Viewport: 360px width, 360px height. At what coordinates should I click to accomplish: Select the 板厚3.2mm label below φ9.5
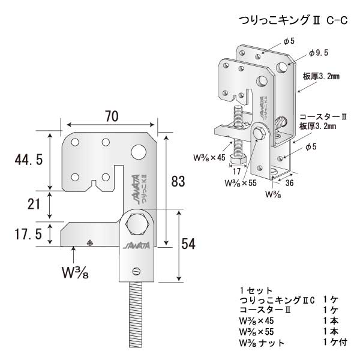[321, 76]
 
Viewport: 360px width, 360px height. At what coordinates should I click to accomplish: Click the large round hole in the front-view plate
[138, 151]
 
